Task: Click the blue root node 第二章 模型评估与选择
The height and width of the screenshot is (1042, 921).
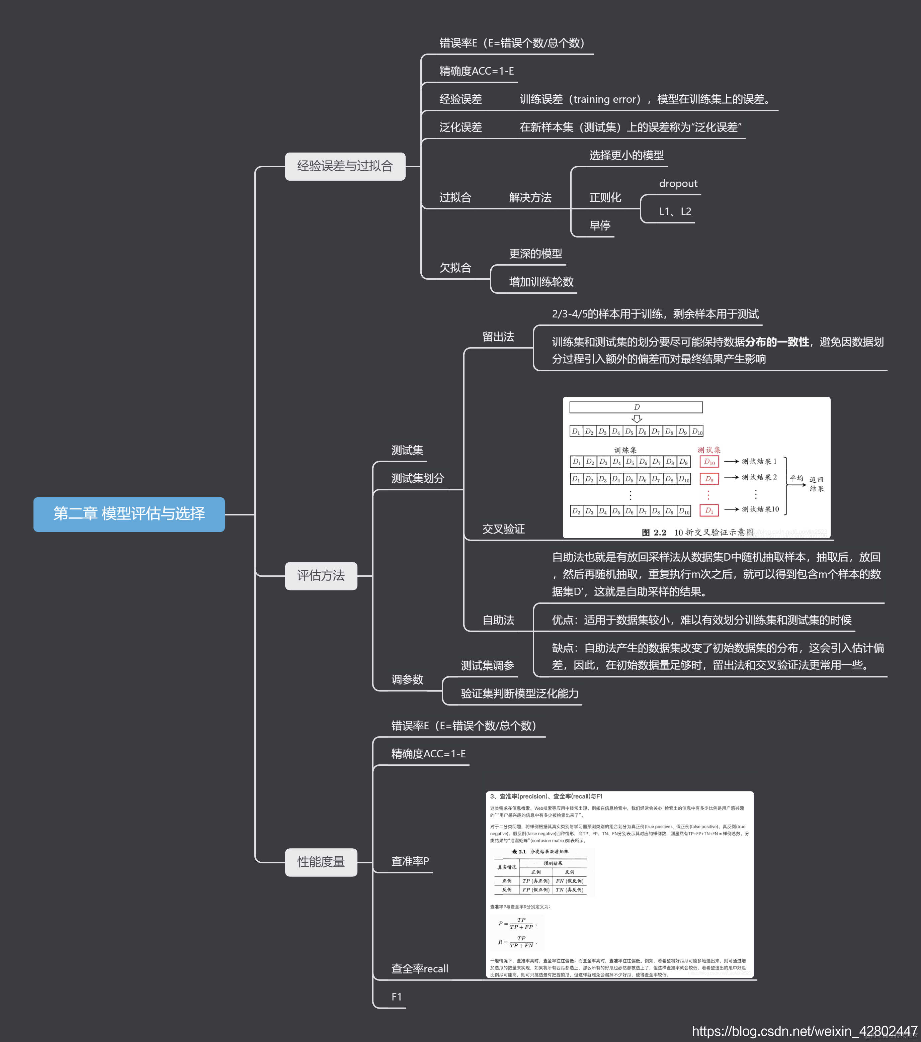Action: coord(129,514)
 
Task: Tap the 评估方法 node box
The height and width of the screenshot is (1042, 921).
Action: coord(321,576)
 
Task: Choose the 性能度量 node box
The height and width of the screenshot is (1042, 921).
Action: coord(321,862)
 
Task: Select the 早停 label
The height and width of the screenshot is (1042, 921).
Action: coord(600,225)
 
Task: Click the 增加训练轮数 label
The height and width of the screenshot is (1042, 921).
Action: coord(541,282)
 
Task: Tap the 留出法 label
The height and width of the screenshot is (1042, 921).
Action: coord(498,337)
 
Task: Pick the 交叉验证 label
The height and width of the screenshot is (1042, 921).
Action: coord(503,529)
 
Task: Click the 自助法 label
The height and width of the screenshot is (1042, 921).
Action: coord(498,620)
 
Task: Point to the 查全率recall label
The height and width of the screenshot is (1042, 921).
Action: coord(419,969)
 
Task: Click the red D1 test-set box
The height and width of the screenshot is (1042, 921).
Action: coord(709,510)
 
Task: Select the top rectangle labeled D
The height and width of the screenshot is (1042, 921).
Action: coord(636,407)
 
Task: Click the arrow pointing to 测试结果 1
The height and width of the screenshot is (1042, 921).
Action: coord(731,461)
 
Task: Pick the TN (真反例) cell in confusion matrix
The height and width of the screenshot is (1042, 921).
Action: coord(569,889)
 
